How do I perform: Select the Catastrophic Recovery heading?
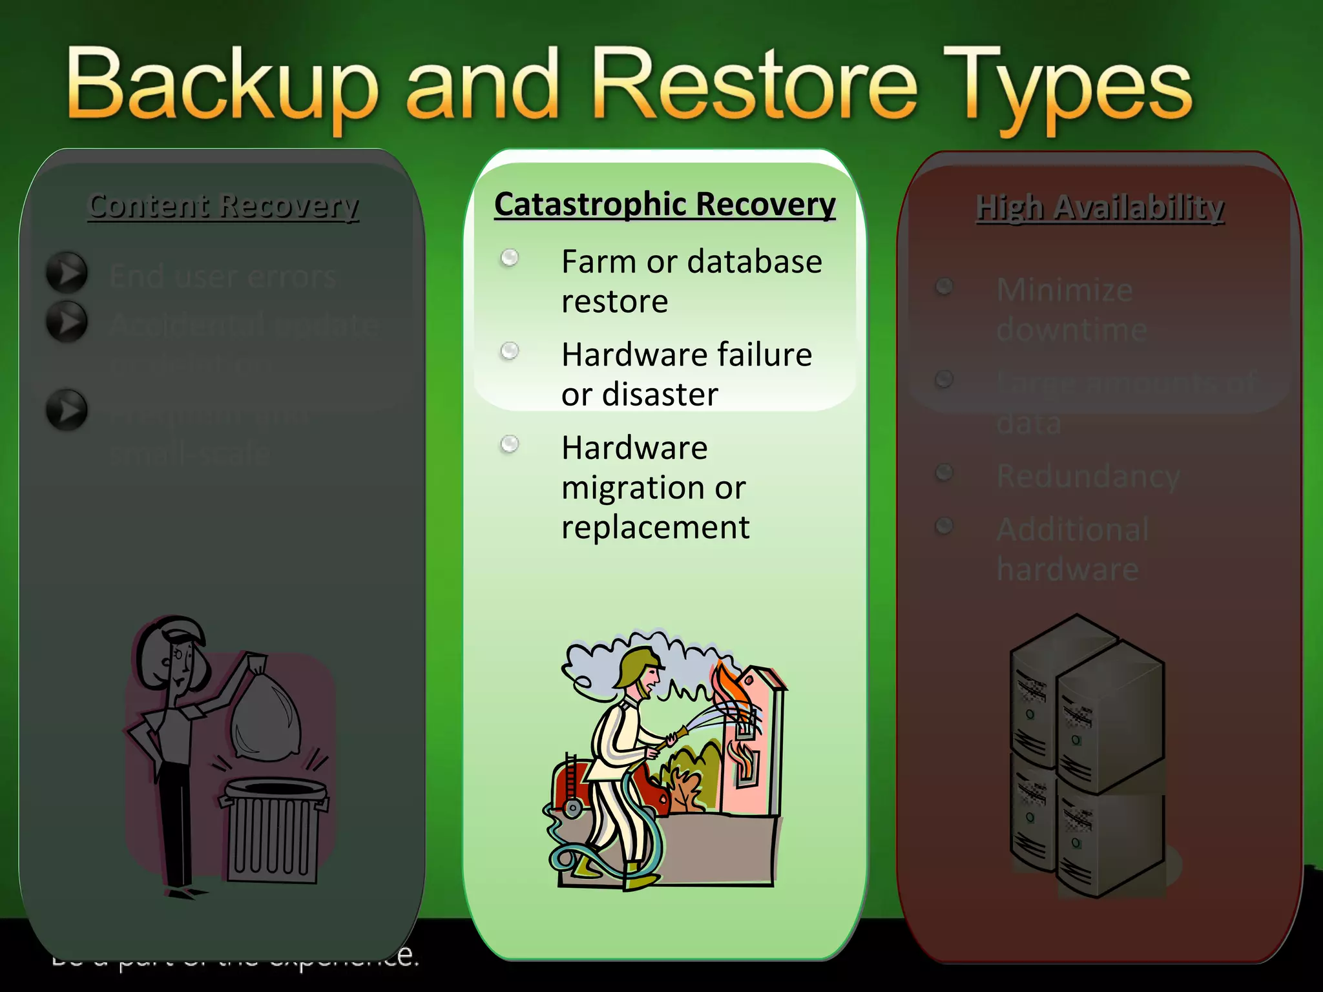click(x=665, y=205)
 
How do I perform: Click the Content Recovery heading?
click(x=223, y=206)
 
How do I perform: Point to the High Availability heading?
click(x=1099, y=208)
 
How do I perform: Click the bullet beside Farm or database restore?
click(x=510, y=258)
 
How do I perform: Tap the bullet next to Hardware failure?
click(x=510, y=351)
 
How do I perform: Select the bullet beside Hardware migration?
click(x=510, y=444)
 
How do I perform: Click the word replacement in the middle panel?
click(x=655, y=528)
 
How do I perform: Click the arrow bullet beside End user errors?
click(x=67, y=273)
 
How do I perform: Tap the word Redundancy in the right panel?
click(x=1088, y=477)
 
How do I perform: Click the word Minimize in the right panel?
click(x=1065, y=290)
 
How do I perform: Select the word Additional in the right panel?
click(x=1072, y=530)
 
